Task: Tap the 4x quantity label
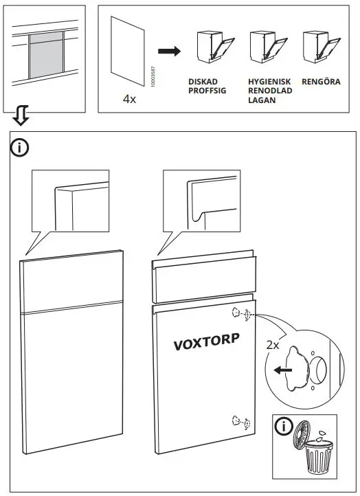[x=129, y=100]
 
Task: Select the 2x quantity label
[x=273, y=345]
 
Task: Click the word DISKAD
[x=202, y=81]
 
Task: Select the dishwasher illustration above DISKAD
[x=209, y=49]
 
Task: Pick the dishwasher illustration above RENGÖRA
[x=317, y=49]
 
